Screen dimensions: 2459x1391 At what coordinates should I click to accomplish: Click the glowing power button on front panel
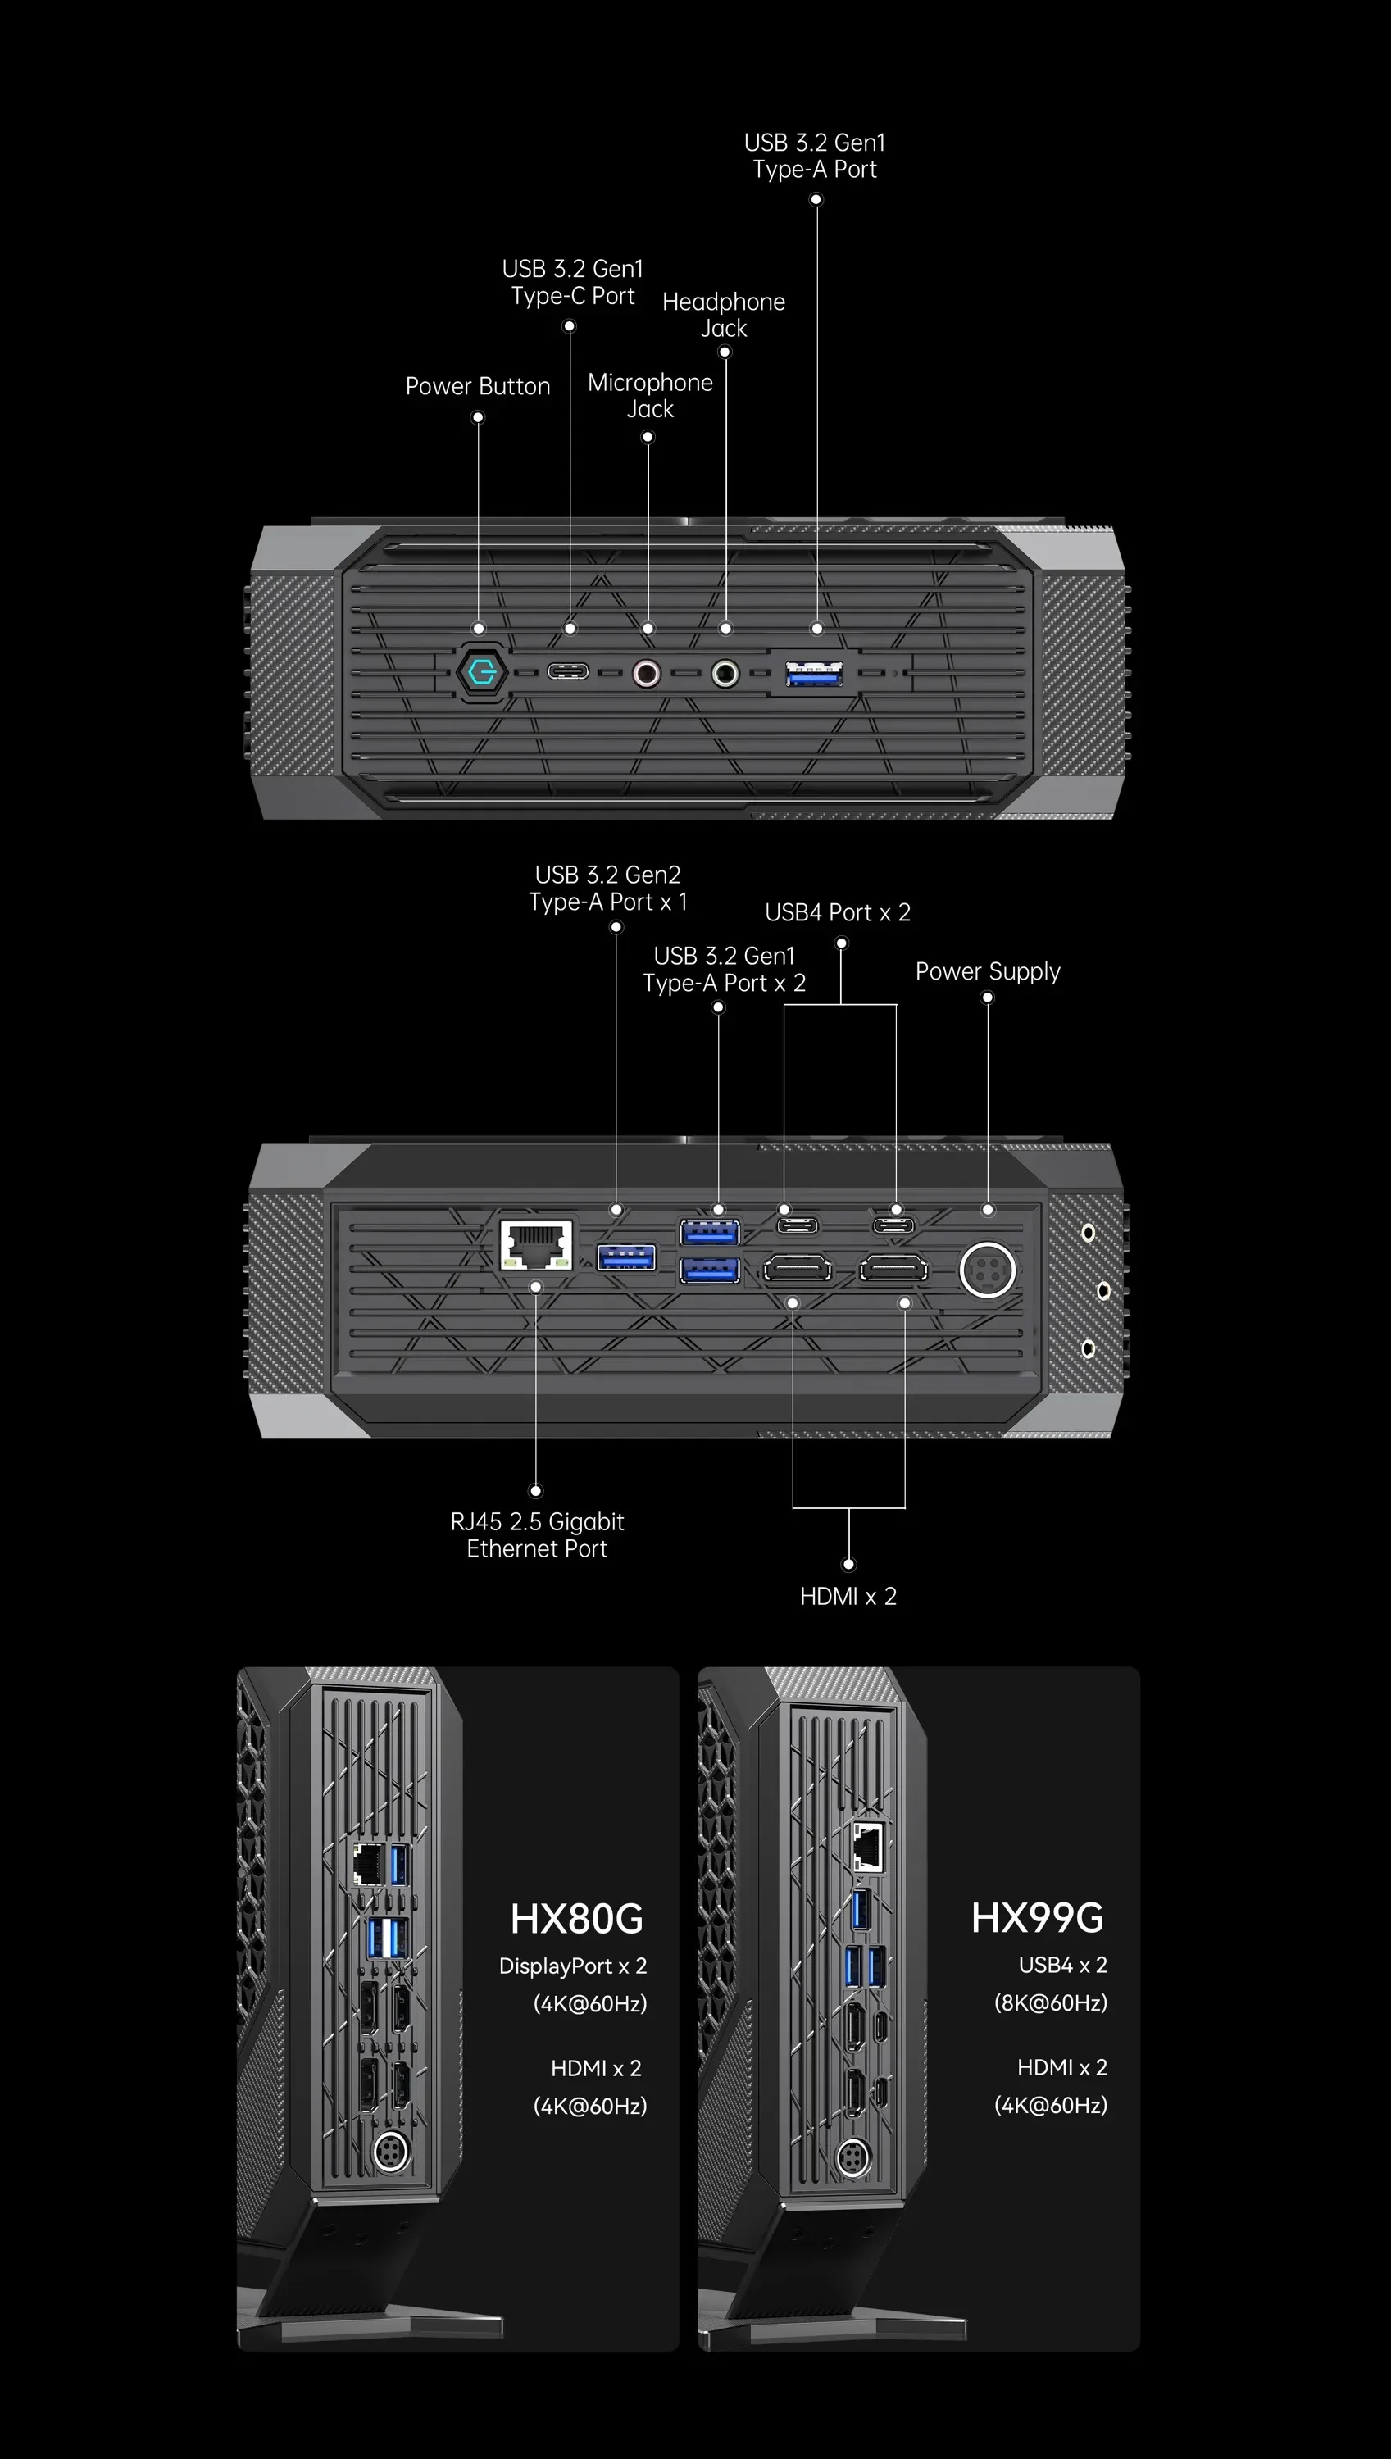pyautogui.click(x=480, y=673)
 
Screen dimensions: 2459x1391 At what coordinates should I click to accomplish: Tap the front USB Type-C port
pyautogui.click(x=567, y=671)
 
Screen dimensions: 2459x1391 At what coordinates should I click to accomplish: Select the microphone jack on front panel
pyautogui.click(x=647, y=674)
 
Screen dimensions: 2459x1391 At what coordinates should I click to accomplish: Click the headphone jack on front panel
pyautogui.click(x=725, y=674)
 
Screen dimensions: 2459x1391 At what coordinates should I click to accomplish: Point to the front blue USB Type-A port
pyautogui.click(x=814, y=674)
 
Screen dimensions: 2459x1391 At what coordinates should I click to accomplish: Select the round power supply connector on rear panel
pyautogui.click(x=987, y=1270)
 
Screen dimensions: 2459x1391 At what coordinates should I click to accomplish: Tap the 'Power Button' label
pyautogui.click(x=478, y=386)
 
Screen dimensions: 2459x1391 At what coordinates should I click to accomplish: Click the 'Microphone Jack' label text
pyautogui.click(x=650, y=396)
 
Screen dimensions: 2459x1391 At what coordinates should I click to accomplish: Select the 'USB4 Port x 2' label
pyautogui.click(x=838, y=912)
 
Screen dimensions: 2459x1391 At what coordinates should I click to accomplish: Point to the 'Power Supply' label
pyautogui.click(x=988, y=970)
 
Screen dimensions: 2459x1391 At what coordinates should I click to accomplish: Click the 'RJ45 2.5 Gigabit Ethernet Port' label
pyautogui.click(x=537, y=1534)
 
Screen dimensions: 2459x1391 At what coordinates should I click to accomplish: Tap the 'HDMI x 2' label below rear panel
pyautogui.click(x=848, y=1597)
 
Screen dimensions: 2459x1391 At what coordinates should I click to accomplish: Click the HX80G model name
pyautogui.click(x=577, y=1918)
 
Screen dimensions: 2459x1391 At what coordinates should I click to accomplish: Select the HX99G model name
pyautogui.click(x=1038, y=1917)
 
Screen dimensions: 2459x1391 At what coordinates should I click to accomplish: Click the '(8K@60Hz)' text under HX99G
pyautogui.click(x=1050, y=2002)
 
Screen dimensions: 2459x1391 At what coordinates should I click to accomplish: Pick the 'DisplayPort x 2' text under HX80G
pyautogui.click(x=573, y=1966)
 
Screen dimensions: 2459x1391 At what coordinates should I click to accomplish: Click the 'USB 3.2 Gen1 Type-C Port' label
pyautogui.click(x=572, y=282)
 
